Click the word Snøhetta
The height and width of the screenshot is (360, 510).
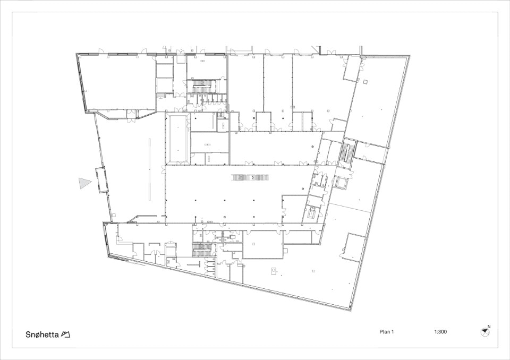[x=42, y=335]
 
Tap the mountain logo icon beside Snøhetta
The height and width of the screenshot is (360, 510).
[x=65, y=335]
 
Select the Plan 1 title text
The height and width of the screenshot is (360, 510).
[x=387, y=332]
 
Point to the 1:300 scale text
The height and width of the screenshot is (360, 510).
[x=440, y=332]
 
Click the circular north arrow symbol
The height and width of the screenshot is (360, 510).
[x=484, y=332]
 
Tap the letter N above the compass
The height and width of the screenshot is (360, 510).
[x=489, y=327]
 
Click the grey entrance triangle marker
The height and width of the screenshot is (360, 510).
[x=84, y=183]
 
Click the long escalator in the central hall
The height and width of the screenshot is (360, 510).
[x=250, y=177]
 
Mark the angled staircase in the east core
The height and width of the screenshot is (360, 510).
[x=346, y=153]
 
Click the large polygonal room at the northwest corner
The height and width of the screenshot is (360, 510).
[x=118, y=83]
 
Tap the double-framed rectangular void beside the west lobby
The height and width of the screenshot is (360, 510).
[x=177, y=138]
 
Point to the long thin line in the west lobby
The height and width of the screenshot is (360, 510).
[x=150, y=169]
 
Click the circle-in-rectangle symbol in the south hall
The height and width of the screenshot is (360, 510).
[x=274, y=271]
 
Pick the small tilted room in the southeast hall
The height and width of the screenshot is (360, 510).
[x=352, y=246]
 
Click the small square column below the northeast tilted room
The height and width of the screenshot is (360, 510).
[x=365, y=81]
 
